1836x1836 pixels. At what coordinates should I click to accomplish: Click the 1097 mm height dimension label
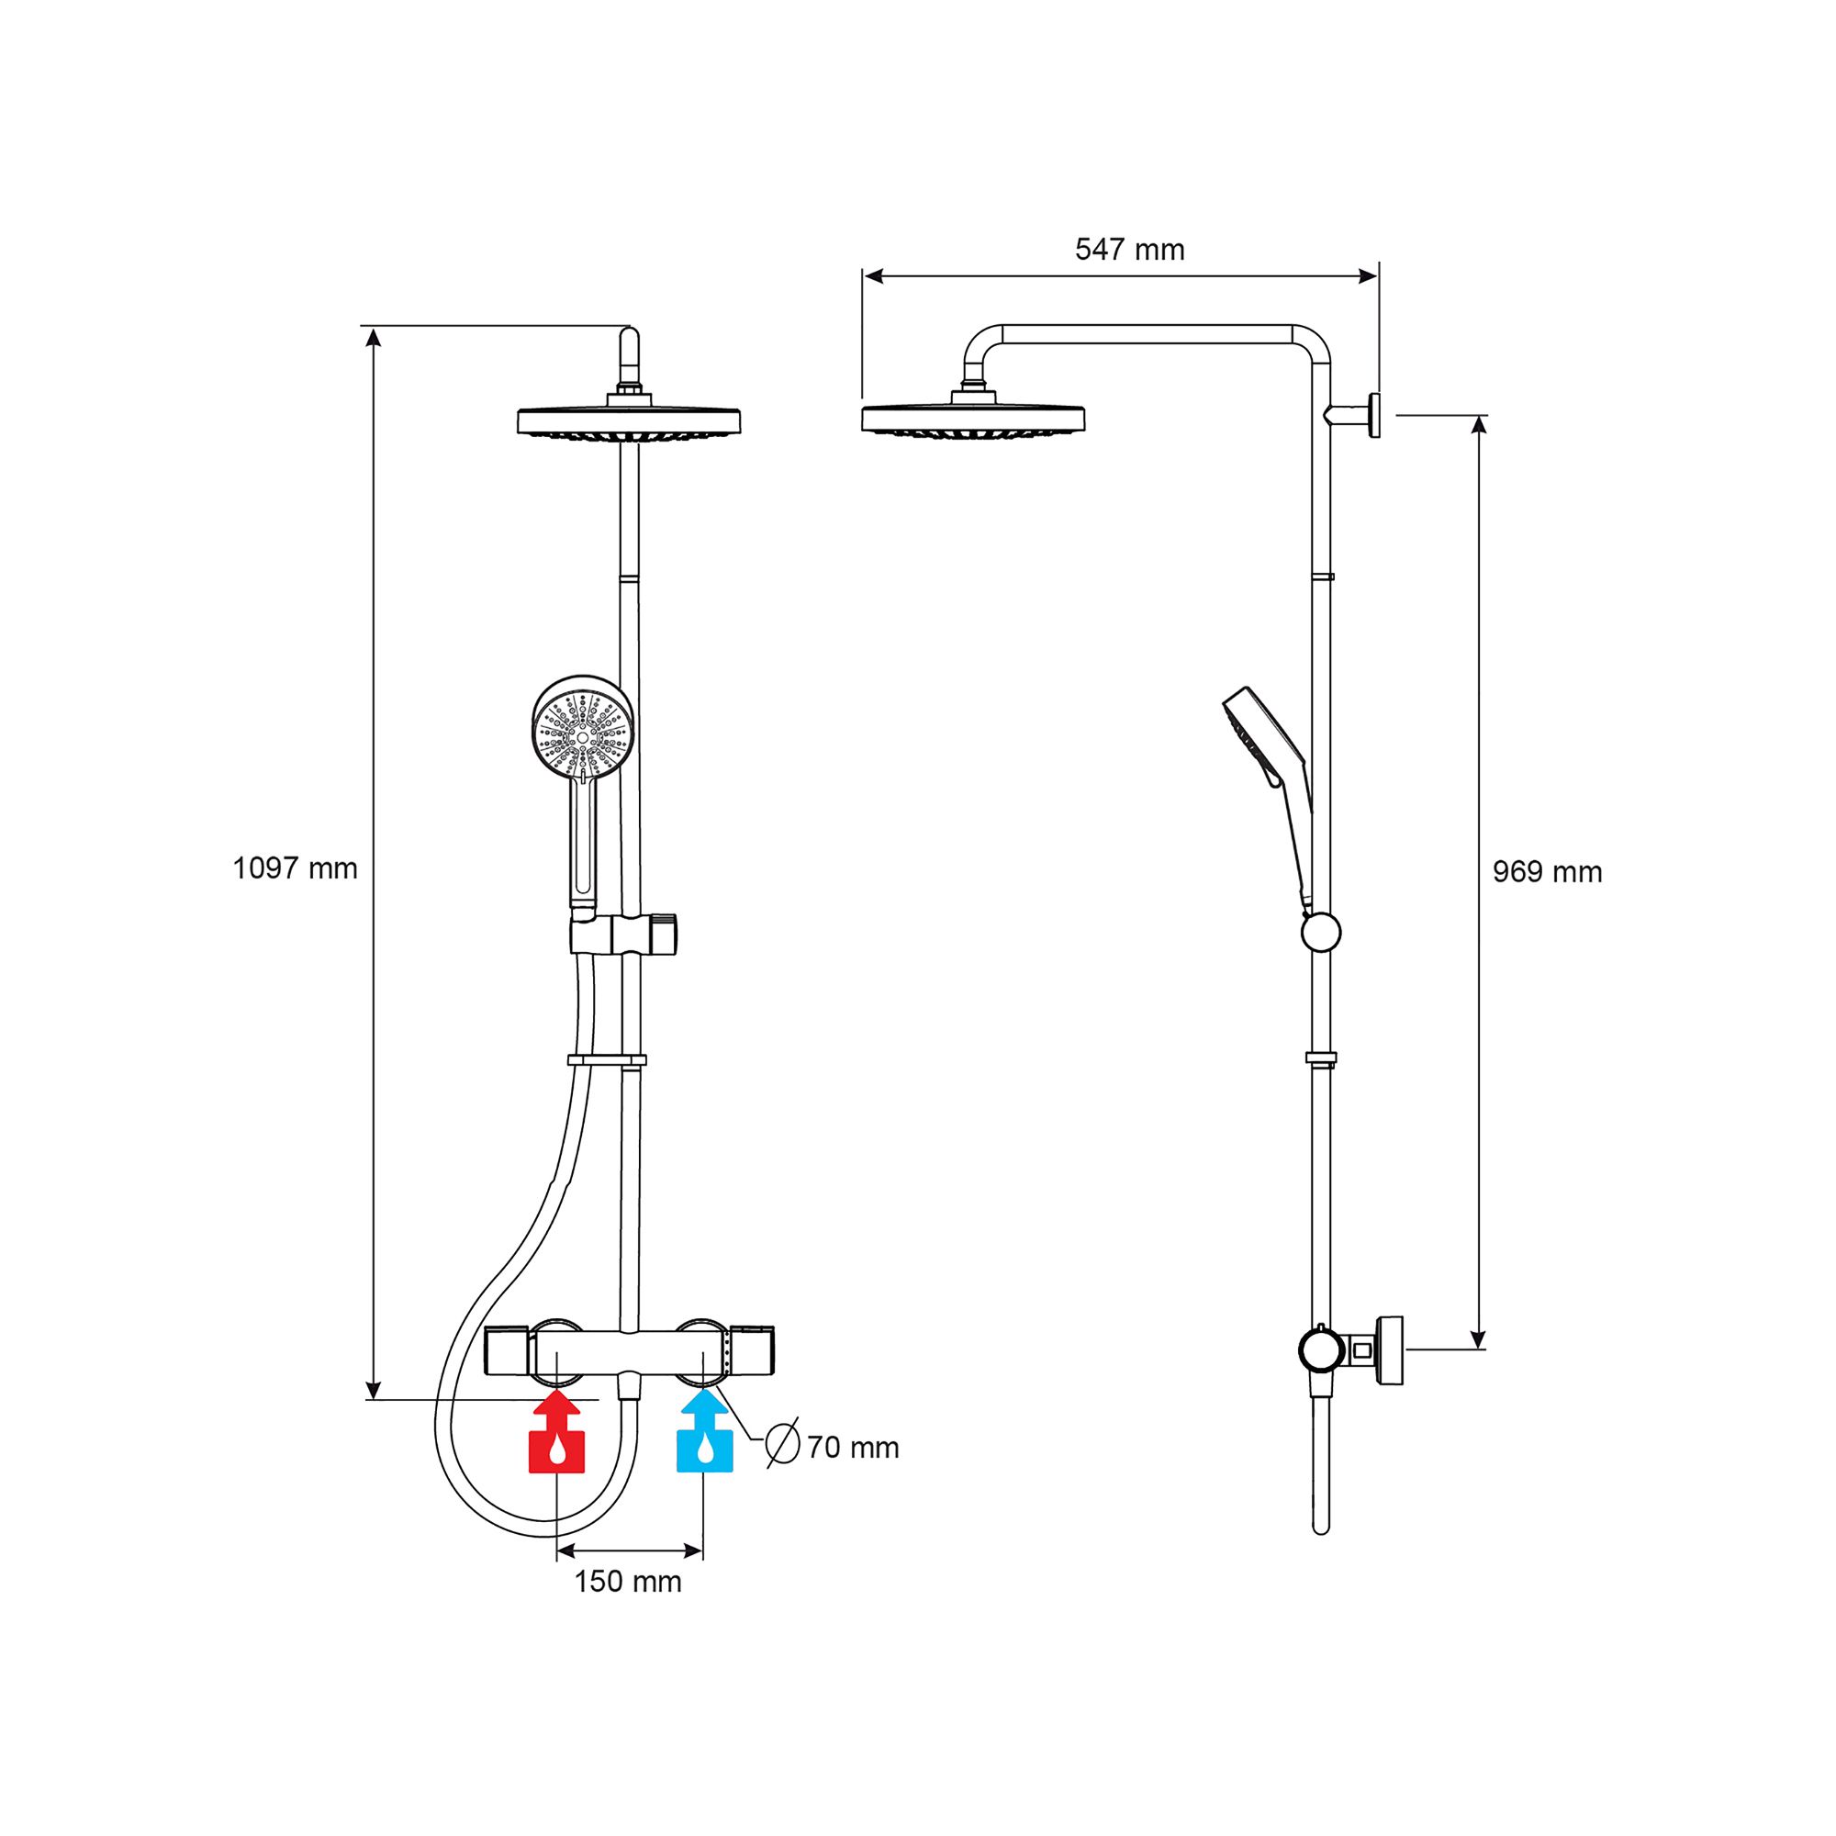click(295, 868)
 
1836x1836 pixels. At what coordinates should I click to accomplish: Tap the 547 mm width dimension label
click(1129, 250)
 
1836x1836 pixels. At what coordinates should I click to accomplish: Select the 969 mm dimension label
click(1546, 872)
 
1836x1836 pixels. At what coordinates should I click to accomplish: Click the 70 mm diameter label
click(853, 1448)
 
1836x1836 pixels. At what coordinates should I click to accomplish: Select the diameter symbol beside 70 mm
click(782, 1444)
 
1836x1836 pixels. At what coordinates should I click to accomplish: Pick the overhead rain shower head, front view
click(628, 421)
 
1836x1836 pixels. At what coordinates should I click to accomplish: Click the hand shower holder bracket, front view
click(622, 936)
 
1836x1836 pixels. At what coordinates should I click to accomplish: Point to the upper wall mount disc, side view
click(1374, 415)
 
